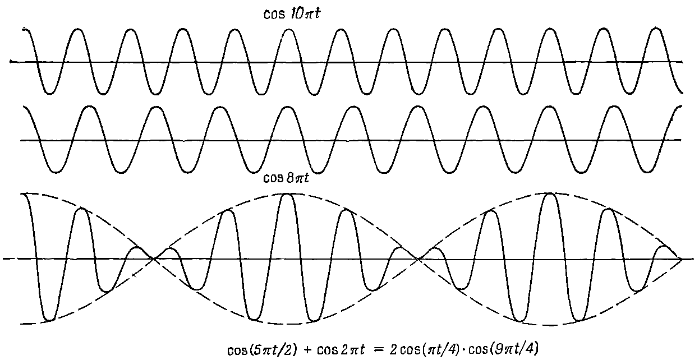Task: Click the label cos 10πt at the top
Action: [292, 13]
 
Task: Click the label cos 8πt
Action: [286, 178]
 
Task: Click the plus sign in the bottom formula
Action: [307, 350]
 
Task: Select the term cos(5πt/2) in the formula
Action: [262, 349]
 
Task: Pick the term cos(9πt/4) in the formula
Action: [504, 349]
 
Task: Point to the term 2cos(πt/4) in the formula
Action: [424, 349]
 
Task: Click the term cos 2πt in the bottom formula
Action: [341, 350]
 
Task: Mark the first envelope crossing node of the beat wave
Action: [153, 259]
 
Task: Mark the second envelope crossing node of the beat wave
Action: [419, 259]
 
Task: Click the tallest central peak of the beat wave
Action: [287, 195]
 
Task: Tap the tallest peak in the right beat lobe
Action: [550, 194]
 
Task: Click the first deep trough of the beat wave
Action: [49, 320]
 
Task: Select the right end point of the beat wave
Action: [681, 259]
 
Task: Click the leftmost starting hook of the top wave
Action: [25, 30]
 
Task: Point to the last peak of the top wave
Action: [656, 29]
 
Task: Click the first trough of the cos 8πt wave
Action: [57, 172]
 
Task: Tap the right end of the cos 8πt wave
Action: [681, 107]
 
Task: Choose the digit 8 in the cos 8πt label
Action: [289, 178]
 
